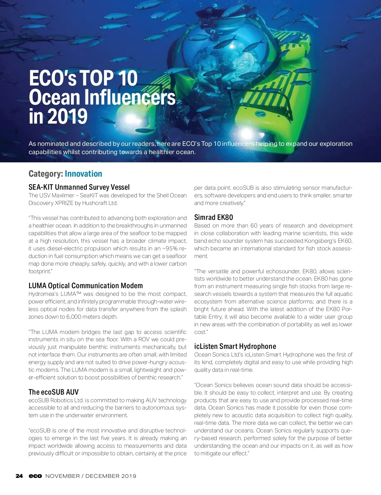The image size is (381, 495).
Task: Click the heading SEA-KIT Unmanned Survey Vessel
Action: (x=79, y=187)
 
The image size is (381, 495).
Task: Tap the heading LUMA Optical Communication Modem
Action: (x=86, y=286)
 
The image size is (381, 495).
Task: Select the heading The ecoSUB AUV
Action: (x=54, y=392)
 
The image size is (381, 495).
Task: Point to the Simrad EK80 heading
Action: (x=214, y=217)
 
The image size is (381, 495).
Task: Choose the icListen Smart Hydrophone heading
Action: (x=235, y=346)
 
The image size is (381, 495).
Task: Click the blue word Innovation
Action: (x=84, y=174)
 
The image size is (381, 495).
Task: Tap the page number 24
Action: (x=19, y=476)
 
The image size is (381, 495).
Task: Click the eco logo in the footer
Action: (x=35, y=476)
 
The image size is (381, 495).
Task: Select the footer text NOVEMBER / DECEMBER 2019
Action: (x=91, y=476)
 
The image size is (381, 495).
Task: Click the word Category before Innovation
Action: (x=45, y=174)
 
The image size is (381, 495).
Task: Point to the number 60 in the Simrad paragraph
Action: (x=254, y=226)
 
